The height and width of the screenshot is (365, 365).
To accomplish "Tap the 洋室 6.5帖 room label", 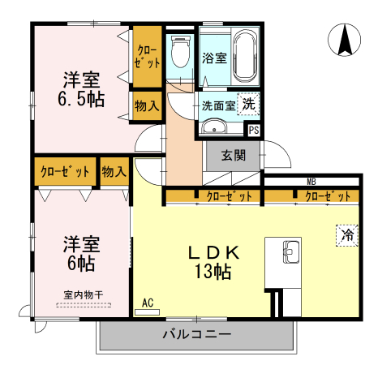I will [81, 90].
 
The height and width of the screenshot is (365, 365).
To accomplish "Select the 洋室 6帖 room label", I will [81, 252].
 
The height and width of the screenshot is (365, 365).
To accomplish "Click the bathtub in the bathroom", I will [244, 58].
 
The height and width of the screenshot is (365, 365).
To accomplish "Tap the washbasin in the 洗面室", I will [214, 128].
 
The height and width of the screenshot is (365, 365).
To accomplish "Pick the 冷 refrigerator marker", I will [347, 235].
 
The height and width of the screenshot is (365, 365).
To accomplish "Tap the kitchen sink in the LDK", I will [289, 252].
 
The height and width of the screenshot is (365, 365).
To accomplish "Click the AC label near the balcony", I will [148, 303].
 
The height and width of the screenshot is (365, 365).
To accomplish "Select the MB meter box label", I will [311, 182].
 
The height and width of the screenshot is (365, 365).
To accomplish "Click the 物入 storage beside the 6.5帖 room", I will [147, 106].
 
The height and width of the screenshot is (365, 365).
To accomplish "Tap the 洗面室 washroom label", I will [218, 105].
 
